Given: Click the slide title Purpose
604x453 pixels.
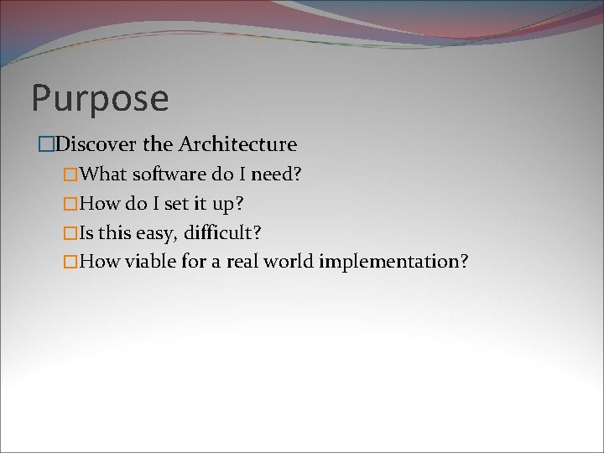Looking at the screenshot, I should point(100,98).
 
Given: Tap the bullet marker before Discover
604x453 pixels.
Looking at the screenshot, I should point(46,145).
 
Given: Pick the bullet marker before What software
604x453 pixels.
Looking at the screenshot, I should point(71,174).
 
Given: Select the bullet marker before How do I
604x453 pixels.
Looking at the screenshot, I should point(71,204).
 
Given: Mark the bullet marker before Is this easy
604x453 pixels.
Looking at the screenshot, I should point(71,233).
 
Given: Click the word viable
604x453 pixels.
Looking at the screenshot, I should point(150,261).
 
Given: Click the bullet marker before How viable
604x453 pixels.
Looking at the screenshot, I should point(71,262).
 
